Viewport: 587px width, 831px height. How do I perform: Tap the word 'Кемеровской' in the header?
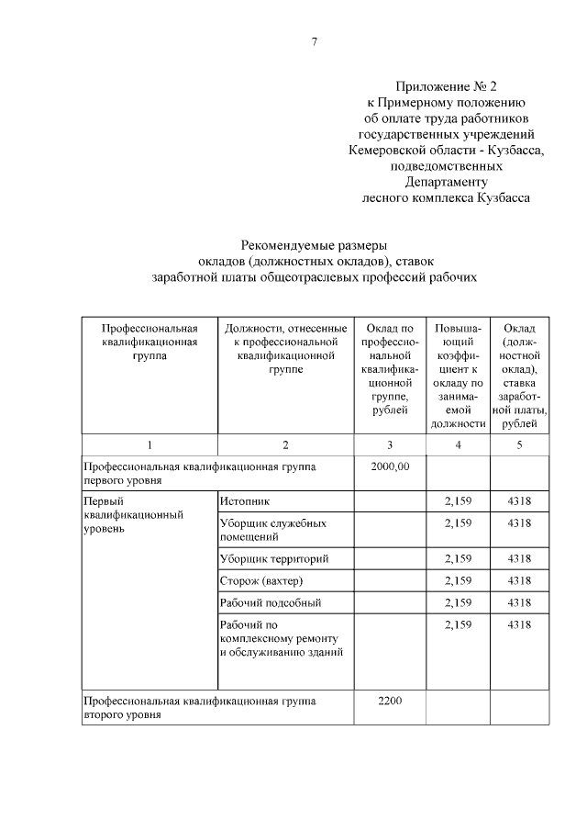pos(388,150)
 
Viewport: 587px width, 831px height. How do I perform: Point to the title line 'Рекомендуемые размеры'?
pos(315,245)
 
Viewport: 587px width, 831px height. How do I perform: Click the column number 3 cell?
pos(390,445)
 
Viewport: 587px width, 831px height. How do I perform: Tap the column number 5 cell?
pos(519,445)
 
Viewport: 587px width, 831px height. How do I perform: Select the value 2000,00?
pos(390,467)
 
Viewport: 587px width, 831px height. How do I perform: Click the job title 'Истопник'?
pos(245,500)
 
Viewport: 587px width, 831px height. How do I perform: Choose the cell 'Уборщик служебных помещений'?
pos(261,529)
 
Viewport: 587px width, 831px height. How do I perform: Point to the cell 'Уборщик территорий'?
pos(273,558)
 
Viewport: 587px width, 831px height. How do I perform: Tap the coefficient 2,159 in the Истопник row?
pos(457,500)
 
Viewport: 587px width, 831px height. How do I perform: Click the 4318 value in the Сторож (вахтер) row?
pos(519,581)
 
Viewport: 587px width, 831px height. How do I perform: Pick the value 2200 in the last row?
pos(390,700)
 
